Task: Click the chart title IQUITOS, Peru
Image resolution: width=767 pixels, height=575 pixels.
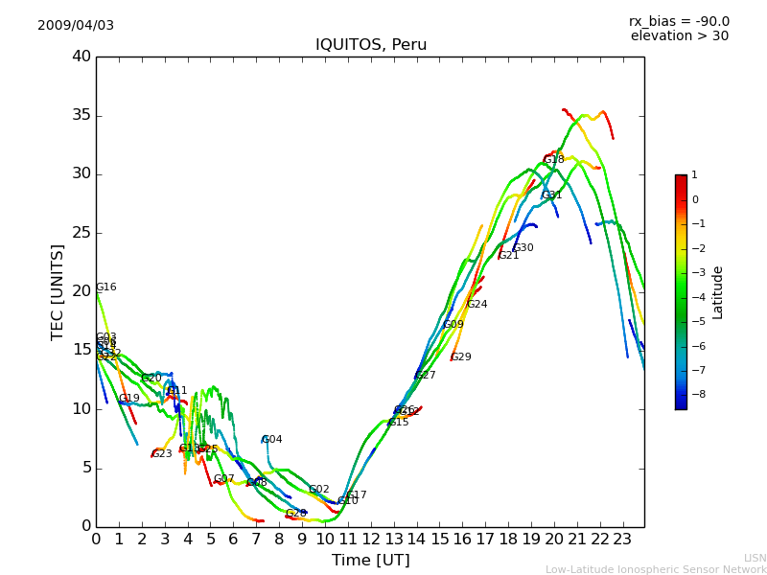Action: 371,45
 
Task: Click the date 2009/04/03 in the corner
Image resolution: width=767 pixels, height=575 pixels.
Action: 76,25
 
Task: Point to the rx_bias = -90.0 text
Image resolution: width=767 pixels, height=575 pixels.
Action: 679,21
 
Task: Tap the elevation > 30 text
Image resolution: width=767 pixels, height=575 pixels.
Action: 679,36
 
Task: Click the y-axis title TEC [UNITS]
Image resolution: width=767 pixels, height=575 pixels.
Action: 58,291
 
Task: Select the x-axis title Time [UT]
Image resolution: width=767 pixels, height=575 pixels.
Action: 370,560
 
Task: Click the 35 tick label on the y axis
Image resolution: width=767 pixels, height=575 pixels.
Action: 81,115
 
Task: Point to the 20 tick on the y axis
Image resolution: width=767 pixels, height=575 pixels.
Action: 81,291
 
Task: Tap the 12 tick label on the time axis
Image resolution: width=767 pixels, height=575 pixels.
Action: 370,539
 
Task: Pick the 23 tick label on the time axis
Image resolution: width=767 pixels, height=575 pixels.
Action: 622,539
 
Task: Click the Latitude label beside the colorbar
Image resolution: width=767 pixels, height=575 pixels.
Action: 718,292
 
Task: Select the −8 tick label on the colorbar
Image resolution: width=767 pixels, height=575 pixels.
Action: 695,394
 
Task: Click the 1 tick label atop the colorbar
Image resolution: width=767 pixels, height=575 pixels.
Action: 694,175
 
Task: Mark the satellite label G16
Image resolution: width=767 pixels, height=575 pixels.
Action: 106,287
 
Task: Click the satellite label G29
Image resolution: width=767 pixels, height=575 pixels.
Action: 461,357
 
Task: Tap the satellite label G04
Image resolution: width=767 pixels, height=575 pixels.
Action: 272,440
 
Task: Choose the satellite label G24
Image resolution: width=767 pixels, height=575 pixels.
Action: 477,305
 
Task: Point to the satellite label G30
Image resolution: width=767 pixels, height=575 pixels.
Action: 523,248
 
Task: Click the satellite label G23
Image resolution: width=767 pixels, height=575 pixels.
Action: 162,454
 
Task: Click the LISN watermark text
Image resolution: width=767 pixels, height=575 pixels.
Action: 755,558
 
